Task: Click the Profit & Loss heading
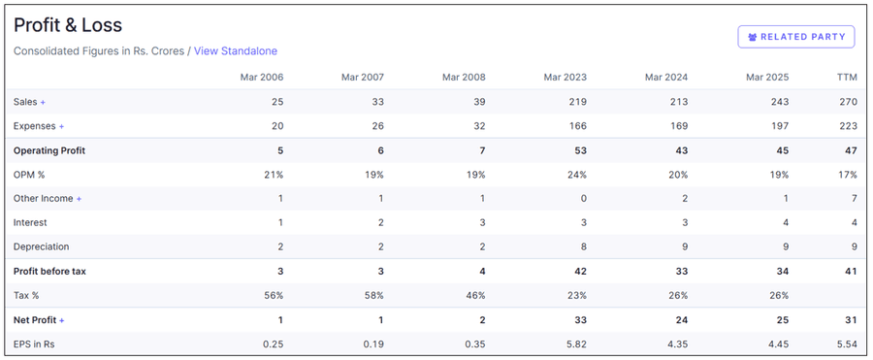click(68, 25)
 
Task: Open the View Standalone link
click(236, 50)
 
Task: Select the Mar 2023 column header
click(565, 78)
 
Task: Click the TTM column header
click(847, 78)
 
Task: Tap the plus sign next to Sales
click(43, 102)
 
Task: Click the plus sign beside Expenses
click(62, 126)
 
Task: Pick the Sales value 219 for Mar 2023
click(577, 102)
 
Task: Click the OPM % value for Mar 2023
click(576, 175)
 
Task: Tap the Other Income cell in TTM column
click(853, 199)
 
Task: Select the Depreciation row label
click(41, 246)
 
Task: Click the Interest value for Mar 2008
click(481, 222)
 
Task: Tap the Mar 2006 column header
click(262, 78)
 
